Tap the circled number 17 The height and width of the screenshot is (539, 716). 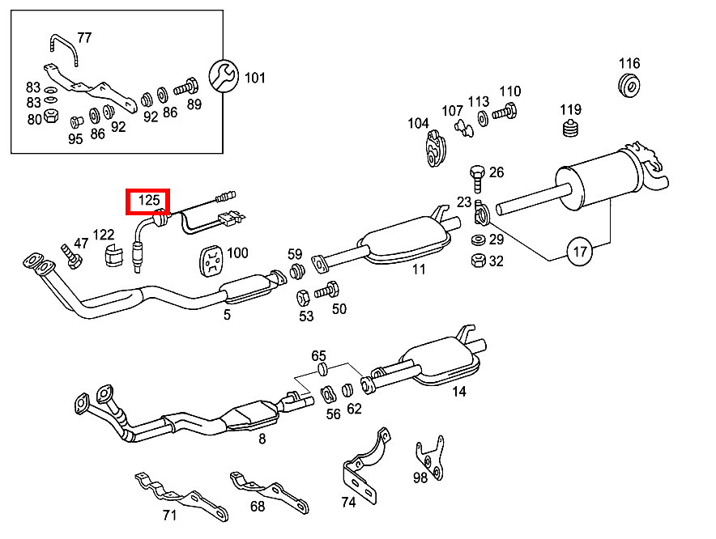click(x=580, y=252)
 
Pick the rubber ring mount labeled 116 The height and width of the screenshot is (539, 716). click(x=629, y=83)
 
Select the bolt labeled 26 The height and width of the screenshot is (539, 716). click(x=477, y=173)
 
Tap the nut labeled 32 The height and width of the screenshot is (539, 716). click(x=478, y=261)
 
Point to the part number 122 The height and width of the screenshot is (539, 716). click(x=104, y=235)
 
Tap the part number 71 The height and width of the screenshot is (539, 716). click(x=169, y=516)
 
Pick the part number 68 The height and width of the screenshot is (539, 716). click(x=257, y=507)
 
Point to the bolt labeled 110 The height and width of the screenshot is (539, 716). click(x=507, y=113)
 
